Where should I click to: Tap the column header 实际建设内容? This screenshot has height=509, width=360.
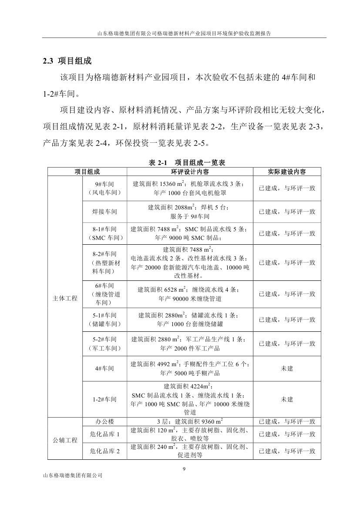point(286,172)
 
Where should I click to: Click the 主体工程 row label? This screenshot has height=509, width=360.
point(65,298)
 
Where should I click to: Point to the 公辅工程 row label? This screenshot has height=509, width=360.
point(65,440)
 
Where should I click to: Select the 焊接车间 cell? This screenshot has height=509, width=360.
point(104,212)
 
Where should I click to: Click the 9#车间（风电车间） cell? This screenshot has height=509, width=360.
point(104,188)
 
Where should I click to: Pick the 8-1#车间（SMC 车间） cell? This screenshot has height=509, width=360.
point(104,233)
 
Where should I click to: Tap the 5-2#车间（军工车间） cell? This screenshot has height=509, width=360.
point(104,344)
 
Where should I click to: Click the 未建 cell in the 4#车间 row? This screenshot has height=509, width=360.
point(286,368)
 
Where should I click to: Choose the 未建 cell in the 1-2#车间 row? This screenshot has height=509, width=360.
point(286,399)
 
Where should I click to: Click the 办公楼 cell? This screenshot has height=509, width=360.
point(104,421)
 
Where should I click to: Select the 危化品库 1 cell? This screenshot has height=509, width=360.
point(104,434)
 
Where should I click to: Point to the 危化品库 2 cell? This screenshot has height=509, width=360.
point(104,452)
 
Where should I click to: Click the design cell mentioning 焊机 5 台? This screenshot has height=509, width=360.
point(189,212)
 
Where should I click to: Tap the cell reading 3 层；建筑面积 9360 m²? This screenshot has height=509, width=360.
point(189,421)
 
